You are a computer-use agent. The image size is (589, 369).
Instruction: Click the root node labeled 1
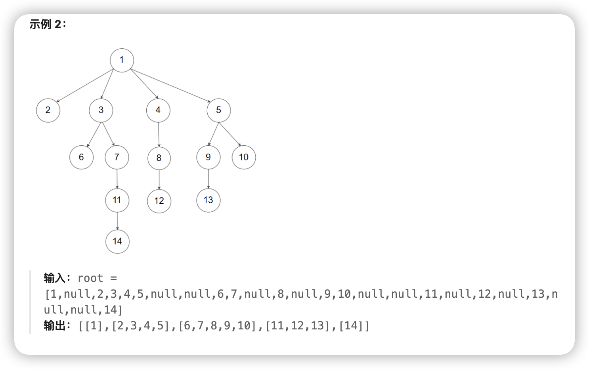[x=122, y=60]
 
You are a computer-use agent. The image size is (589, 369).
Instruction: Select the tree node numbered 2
[x=48, y=110]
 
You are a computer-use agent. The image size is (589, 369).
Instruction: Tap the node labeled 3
[x=101, y=110]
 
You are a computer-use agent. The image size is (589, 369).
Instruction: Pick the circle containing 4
[x=158, y=110]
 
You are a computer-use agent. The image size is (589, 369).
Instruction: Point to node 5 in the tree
[x=218, y=110]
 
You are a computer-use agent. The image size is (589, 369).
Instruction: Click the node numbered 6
[x=81, y=157]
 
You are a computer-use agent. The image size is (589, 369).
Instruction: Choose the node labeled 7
[x=117, y=157]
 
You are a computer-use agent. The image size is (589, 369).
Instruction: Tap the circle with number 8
[x=159, y=158]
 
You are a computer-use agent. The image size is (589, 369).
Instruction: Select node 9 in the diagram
[x=208, y=157]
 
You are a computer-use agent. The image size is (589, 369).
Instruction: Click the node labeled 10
[x=244, y=157]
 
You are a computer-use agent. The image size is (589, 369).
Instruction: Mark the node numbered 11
[x=117, y=200]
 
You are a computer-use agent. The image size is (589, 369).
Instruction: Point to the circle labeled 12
[x=159, y=201]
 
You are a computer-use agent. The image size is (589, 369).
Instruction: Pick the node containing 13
[x=208, y=200]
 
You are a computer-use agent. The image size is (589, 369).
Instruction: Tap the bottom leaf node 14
[x=117, y=241]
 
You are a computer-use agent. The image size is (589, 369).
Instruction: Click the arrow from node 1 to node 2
[x=84, y=86]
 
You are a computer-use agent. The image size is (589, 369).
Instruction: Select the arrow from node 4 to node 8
[x=159, y=134]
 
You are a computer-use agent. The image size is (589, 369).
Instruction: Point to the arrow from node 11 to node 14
[x=117, y=221]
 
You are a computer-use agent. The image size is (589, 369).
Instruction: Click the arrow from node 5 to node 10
[x=230, y=134]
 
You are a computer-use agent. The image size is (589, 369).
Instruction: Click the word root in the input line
[x=90, y=278]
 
